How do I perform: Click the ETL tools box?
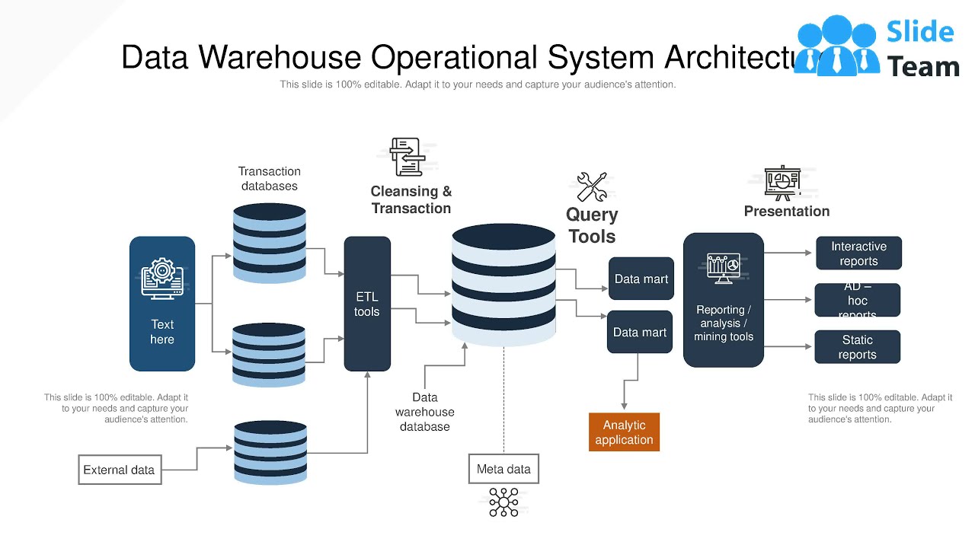point(367,304)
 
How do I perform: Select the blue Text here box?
point(162,304)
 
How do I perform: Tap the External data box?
point(120,470)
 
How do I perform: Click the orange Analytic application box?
point(624,432)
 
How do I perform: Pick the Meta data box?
point(503,469)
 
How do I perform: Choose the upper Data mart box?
point(641,279)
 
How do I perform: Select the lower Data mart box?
point(640,332)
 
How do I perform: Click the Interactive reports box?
point(858,253)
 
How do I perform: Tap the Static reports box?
point(857,347)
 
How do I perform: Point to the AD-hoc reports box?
point(857,300)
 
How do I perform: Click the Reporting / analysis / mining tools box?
point(723,301)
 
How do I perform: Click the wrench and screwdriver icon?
point(592,187)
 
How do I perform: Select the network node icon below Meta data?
point(503,502)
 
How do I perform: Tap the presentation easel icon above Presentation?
point(782,183)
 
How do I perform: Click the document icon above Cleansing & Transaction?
point(406,157)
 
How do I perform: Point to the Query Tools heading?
point(592,225)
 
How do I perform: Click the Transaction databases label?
point(270,179)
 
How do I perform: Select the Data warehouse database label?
point(425,412)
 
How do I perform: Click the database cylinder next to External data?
point(270,452)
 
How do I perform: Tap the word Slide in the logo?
point(920,32)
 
